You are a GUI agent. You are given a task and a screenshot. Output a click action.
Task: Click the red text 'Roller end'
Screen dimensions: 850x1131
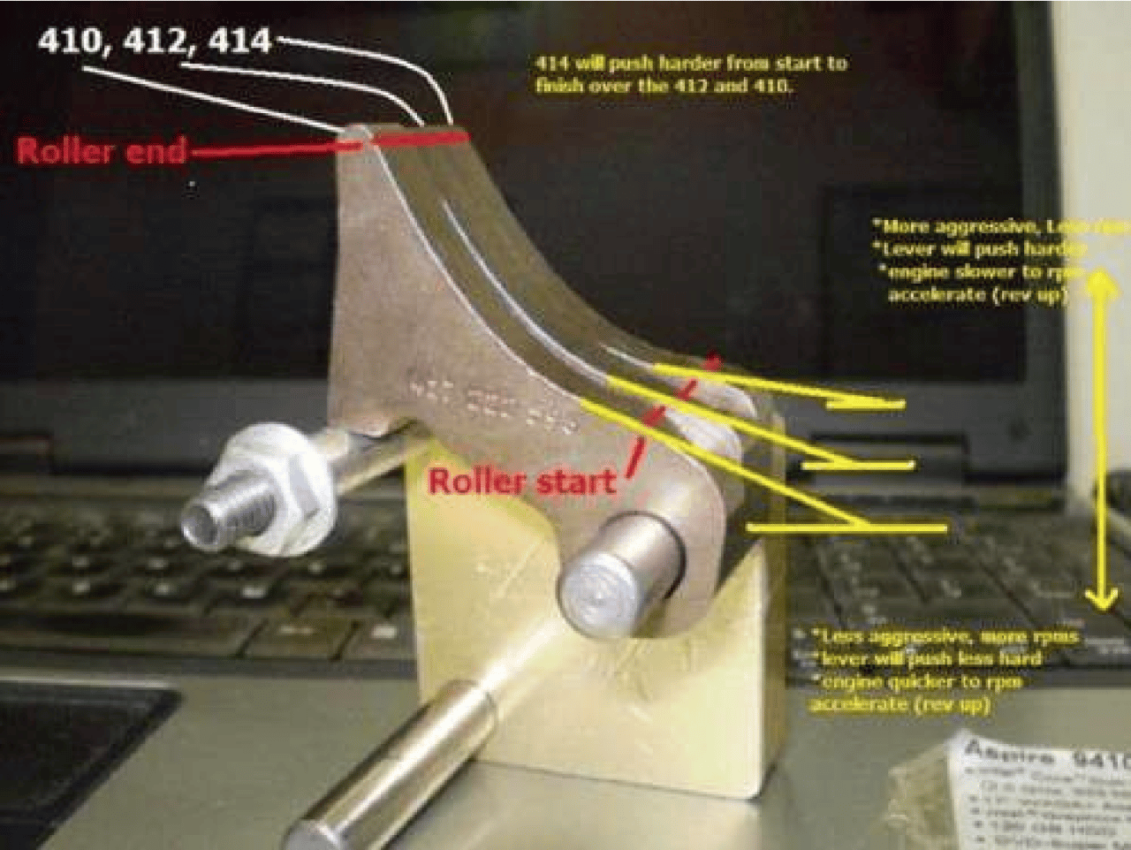(x=101, y=151)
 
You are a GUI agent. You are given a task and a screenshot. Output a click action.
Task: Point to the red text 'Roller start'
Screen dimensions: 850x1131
(x=521, y=482)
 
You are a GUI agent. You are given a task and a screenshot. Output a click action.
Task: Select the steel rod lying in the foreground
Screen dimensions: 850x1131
(x=389, y=769)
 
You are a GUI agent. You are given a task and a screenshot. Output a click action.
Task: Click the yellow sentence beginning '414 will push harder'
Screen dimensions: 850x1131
(x=690, y=74)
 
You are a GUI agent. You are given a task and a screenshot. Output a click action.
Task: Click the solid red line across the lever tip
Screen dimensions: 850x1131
(x=415, y=140)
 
